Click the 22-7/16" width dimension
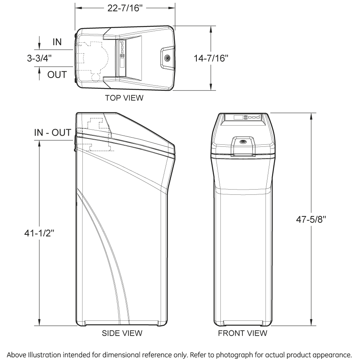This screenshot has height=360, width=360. coord(125,9)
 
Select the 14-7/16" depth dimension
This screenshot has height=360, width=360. coord(210,58)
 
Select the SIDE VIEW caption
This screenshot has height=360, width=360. coord(122,333)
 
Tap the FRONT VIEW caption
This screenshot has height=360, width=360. coord(242,333)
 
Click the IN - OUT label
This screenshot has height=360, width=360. coord(52,133)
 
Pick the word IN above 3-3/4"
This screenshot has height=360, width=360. coord(57,42)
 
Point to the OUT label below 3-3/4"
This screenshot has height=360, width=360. coord(57,74)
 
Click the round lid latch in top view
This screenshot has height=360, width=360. coord(167,58)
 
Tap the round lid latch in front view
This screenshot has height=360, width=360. coord(242,142)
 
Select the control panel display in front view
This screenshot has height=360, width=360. coord(236,117)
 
